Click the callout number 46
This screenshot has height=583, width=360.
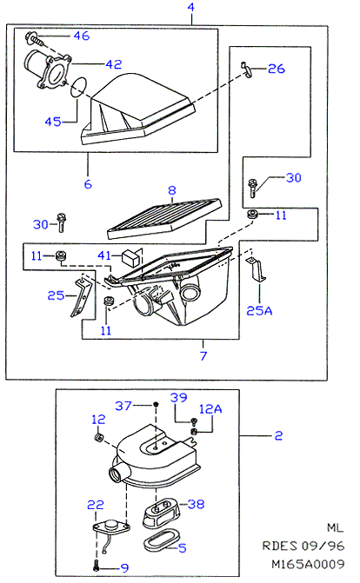pyautogui.click(x=82, y=36)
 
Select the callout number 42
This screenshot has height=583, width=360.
pyautogui.click(x=114, y=64)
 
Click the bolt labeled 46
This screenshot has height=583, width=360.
pyautogui.click(x=36, y=39)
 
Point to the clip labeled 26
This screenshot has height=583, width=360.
pyautogui.click(x=246, y=70)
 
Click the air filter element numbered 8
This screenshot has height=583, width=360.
pyautogui.click(x=164, y=219)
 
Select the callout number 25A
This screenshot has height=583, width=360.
pyautogui.click(x=259, y=310)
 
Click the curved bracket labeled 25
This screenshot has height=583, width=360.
pyautogui.click(x=81, y=298)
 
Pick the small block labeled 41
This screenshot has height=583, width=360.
pyautogui.click(x=131, y=256)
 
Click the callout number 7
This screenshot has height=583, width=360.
pyautogui.click(x=203, y=356)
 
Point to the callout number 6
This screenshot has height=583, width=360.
pyautogui.click(x=88, y=184)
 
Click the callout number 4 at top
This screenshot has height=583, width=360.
pyautogui.click(x=191, y=7)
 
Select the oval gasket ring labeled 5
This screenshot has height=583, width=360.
pyautogui.click(x=160, y=541)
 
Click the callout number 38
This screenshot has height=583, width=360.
pyautogui.click(x=197, y=505)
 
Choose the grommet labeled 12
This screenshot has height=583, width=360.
pyautogui.click(x=99, y=437)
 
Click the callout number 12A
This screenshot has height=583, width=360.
pyautogui.click(x=210, y=409)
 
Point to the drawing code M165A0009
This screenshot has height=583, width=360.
pyautogui.click(x=308, y=564)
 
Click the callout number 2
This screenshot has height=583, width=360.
pyautogui.click(x=278, y=436)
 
